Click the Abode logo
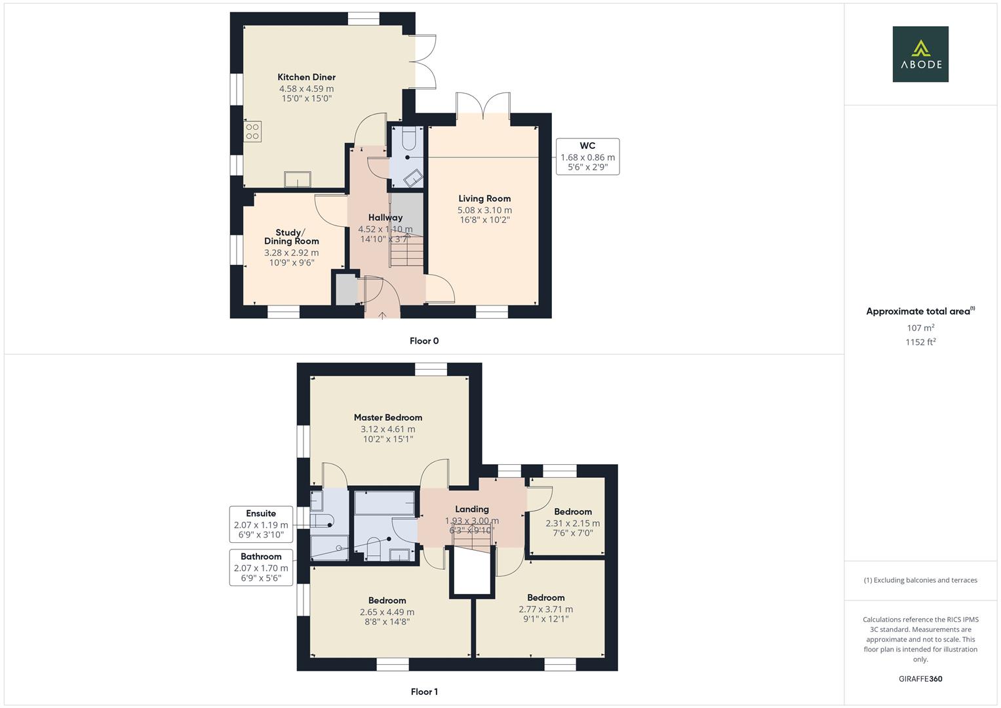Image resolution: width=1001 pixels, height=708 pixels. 920,54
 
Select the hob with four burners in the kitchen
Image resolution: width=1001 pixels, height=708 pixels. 252,132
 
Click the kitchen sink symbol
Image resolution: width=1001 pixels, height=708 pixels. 298,179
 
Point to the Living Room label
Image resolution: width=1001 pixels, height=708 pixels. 484,199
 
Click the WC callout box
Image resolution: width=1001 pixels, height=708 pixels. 587,157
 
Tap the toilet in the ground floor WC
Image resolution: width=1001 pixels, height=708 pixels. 408,140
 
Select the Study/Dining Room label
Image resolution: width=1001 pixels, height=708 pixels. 292,237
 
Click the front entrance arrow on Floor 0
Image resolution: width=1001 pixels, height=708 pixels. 382,315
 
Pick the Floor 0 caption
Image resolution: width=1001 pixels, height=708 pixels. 424,341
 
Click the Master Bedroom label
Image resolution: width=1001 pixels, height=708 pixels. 387,418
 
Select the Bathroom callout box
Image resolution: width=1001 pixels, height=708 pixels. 261,568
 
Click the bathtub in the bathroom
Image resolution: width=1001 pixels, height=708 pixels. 384,503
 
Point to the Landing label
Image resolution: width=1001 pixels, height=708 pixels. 472,509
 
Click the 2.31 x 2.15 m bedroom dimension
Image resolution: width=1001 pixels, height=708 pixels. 572,523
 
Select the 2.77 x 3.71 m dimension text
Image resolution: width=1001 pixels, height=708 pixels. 545,609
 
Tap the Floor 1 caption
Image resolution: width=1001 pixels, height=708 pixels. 424,692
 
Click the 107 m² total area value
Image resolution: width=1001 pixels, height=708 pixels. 920,328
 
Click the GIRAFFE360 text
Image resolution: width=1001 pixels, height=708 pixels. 920,679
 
